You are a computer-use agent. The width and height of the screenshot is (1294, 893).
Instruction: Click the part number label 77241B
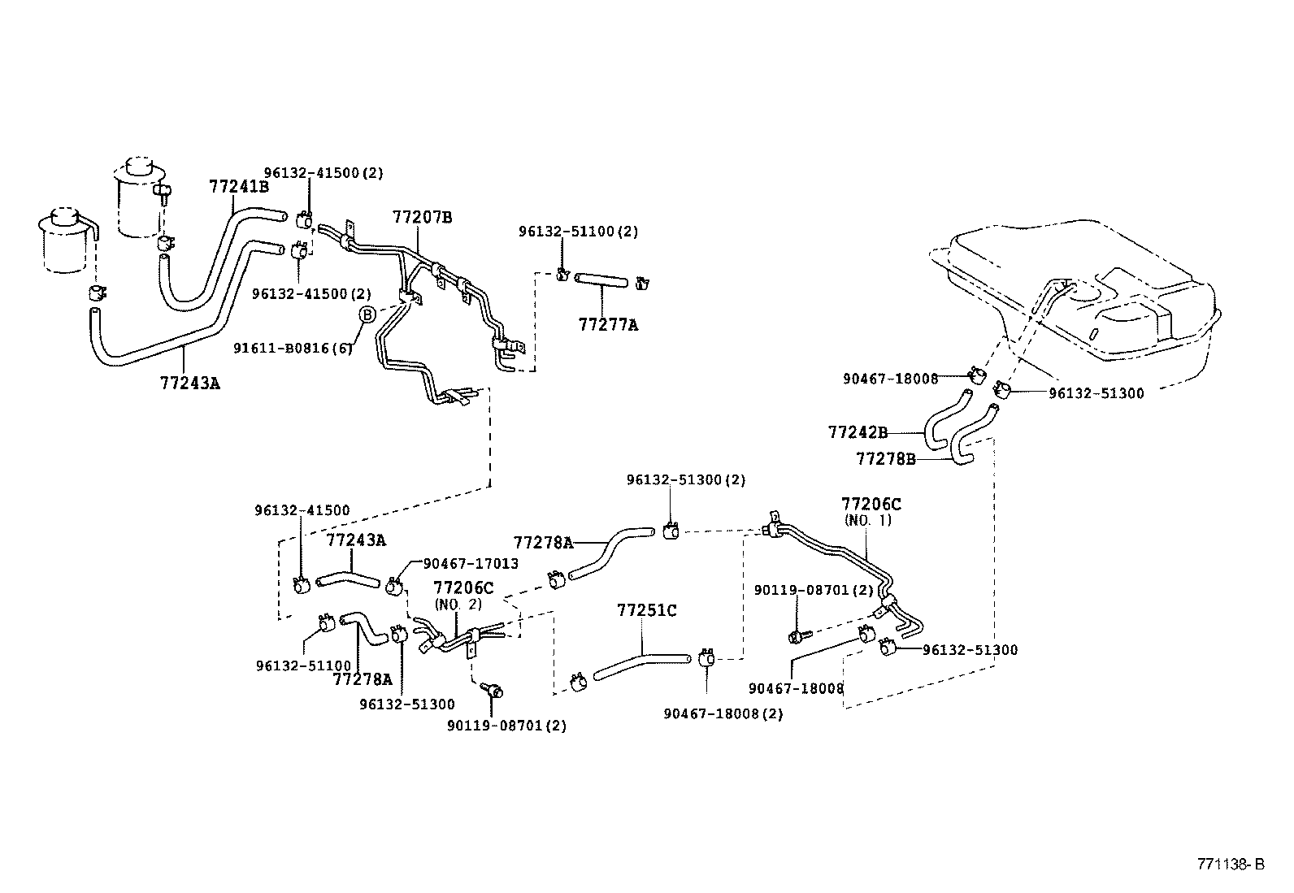[x=238, y=186]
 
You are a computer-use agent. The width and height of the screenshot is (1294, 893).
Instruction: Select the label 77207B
[x=422, y=217]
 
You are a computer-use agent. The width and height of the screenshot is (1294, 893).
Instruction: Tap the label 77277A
[x=608, y=325]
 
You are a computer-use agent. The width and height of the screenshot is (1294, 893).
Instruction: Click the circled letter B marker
[x=367, y=314]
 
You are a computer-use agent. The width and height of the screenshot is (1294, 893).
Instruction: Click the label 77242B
[x=858, y=432]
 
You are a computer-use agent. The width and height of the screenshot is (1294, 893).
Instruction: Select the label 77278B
[x=885, y=459]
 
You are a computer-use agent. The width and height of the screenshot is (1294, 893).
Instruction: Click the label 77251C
[x=646, y=610]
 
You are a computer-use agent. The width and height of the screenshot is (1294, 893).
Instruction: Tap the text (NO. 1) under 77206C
[x=867, y=521]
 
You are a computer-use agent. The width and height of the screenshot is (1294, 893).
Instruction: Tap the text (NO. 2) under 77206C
[x=458, y=605]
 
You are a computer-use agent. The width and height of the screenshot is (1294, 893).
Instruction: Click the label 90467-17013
[x=471, y=563]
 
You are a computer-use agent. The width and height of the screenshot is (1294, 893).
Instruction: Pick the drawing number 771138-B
[x=1229, y=864]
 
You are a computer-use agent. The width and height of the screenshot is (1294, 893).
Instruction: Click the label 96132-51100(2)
[x=578, y=232]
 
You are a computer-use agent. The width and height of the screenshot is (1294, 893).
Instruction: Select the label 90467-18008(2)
[x=723, y=713]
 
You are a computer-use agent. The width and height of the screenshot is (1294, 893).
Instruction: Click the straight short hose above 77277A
[x=601, y=281]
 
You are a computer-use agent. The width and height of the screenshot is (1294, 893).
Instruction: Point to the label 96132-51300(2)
[x=685, y=480]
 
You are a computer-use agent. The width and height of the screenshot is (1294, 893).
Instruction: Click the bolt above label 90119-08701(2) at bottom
[x=493, y=690]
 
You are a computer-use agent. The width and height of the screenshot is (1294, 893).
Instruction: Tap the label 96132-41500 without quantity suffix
[x=302, y=510]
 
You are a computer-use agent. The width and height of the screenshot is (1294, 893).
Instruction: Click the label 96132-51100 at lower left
[x=303, y=665]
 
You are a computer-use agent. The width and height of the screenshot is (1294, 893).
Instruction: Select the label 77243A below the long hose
[x=189, y=382]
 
